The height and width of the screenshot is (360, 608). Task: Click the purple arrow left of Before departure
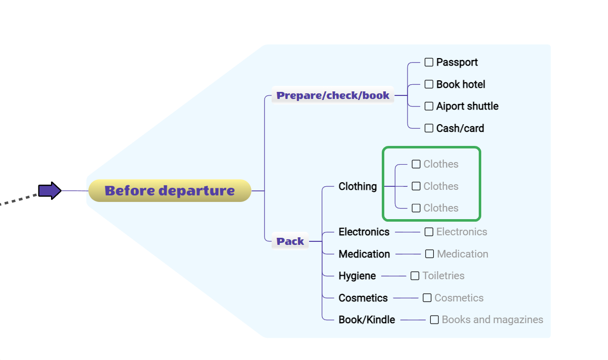point(49,191)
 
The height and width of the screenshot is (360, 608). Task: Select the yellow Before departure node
point(170,190)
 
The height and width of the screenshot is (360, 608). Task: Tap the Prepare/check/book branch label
point(333,95)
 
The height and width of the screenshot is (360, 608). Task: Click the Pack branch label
point(290,241)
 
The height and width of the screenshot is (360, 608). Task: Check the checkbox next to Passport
point(429,62)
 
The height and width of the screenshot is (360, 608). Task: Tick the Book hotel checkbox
point(429,84)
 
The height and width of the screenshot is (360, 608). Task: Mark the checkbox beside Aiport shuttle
point(429,106)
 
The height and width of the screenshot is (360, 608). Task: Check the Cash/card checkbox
point(429,128)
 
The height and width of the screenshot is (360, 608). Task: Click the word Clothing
point(358,187)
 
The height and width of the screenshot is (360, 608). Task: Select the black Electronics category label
point(364,232)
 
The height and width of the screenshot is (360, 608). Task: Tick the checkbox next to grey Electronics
point(429,232)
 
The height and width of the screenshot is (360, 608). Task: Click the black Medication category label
point(364,254)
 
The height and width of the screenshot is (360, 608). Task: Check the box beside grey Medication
point(429,254)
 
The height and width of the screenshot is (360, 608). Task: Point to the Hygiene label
point(357,276)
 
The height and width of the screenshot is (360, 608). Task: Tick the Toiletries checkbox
point(415,276)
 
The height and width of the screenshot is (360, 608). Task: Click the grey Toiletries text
point(443,276)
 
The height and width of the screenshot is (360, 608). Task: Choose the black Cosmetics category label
point(363,298)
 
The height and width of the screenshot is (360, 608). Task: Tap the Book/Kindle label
point(367,320)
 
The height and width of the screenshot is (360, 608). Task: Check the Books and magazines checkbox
point(434,320)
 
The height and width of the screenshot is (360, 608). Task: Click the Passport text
point(457,63)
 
